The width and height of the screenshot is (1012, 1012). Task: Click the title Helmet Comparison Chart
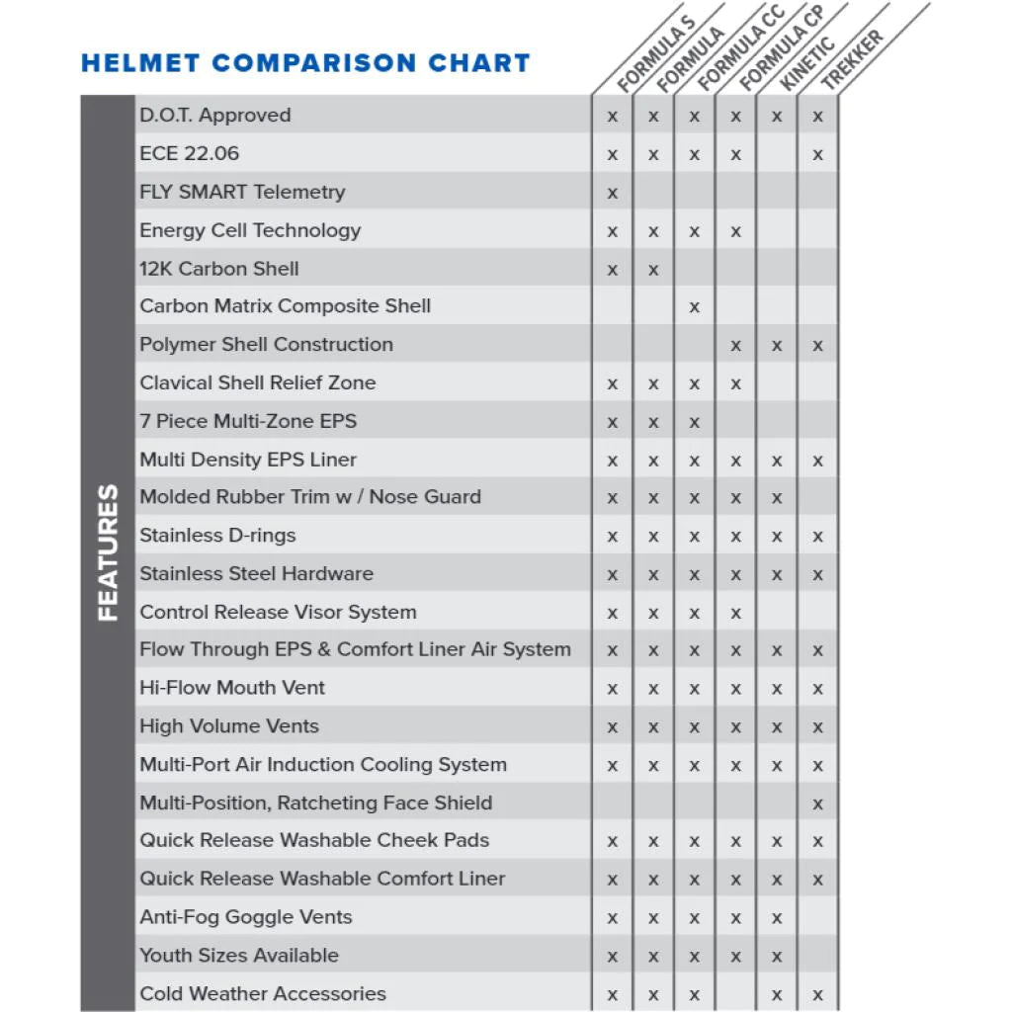[305, 64]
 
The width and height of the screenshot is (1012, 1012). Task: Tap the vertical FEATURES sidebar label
[108, 552]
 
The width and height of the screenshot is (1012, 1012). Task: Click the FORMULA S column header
[656, 54]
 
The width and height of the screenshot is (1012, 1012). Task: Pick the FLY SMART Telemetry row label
[242, 192]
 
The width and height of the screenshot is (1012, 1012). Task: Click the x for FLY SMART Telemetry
[613, 194]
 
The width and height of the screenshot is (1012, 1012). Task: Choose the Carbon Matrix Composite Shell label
[285, 306]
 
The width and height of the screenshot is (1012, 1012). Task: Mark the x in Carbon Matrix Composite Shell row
[695, 307]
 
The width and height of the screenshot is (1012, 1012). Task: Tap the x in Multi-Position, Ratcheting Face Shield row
[817, 804]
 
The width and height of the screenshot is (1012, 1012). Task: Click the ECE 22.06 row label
[189, 153]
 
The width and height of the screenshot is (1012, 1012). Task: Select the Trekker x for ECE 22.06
[817, 155]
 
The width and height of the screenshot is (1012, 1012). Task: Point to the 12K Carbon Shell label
[218, 269]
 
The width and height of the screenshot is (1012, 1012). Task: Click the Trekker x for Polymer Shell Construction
[817, 346]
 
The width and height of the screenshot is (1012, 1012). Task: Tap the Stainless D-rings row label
[217, 536]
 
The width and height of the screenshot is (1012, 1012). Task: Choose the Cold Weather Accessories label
[262, 993]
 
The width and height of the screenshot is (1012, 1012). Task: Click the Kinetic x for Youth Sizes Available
[777, 957]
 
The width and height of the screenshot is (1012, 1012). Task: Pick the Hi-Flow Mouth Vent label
[232, 688]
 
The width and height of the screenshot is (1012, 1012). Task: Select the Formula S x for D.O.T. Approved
[613, 117]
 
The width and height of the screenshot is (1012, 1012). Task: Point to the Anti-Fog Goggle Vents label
[245, 917]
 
